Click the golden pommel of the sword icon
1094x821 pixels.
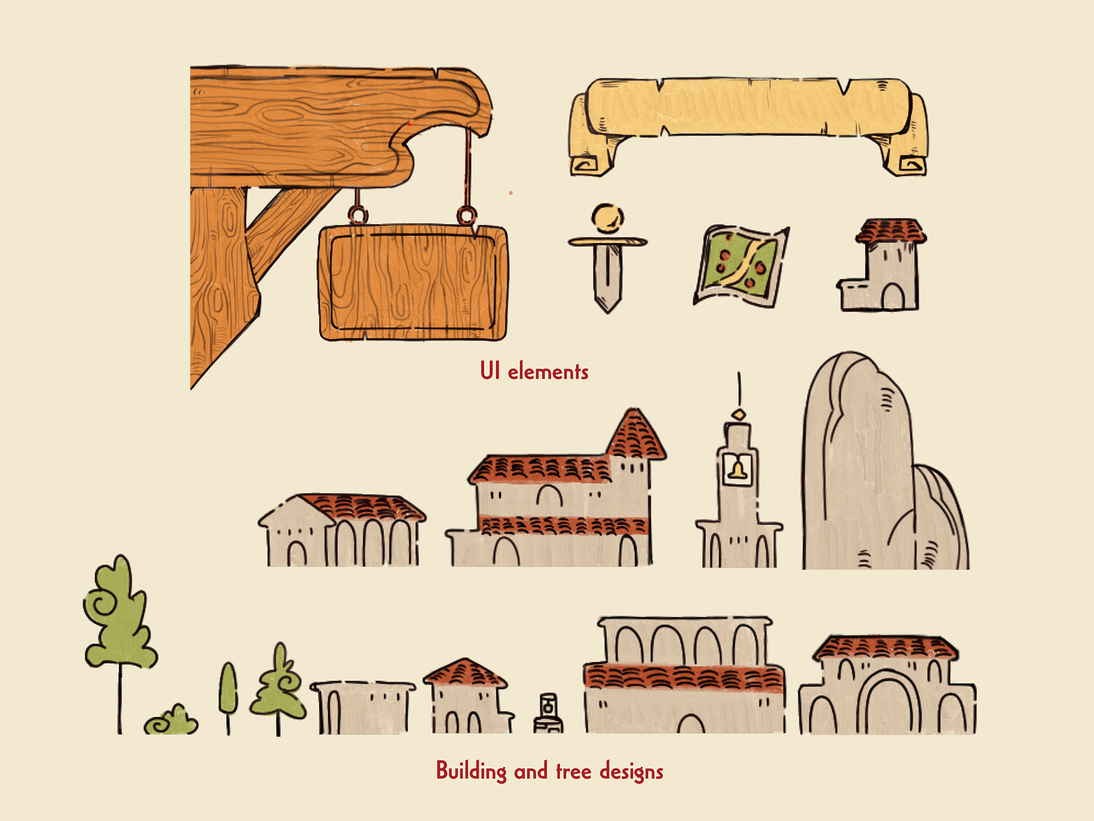tap(607, 218)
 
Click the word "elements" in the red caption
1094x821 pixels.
tap(548, 372)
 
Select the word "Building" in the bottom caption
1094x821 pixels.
tap(471, 771)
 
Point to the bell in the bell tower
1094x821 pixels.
tap(738, 469)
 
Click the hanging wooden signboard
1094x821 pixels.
tap(413, 283)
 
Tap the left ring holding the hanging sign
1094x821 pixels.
tap(358, 216)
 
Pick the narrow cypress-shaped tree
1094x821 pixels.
tap(228, 688)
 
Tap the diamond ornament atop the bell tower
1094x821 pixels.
tap(739, 414)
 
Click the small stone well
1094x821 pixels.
tap(548, 714)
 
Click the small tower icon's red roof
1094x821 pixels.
tap(891, 230)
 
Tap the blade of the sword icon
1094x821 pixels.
tap(607, 277)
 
